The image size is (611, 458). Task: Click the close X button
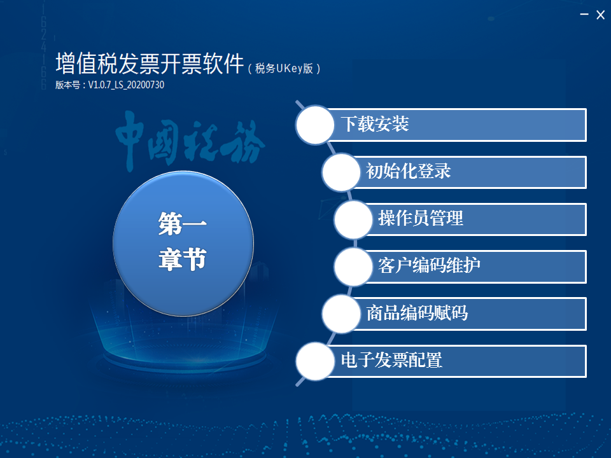pyautogui.click(x=600, y=15)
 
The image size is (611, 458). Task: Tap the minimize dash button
pyautogui.click(x=584, y=15)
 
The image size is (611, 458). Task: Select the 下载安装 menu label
pyautogui.click(x=375, y=124)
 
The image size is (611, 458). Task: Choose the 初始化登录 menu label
pyautogui.click(x=409, y=171)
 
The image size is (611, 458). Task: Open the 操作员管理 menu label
pyautogui.click(x=421, y=218)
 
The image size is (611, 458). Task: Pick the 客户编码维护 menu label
pyautogui.click(x=429, y=266)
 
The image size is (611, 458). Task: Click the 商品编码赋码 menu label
pyautogui.click(x=417, y=313)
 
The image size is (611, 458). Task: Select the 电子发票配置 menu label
pyautogui.click(x=391, y=360)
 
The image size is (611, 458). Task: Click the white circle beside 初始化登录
pyautogui.click(x=341, y=172)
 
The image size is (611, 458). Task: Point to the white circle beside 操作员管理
pyautogui.click(x=353, y=219)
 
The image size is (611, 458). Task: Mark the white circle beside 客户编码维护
pyautogui.click(x=353, y=267)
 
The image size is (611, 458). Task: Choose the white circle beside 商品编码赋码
pyautogui.click(x=341, y=314)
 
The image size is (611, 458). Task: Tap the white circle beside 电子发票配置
pyautogui.click(x=315, y=361)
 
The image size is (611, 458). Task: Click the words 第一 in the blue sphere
pyautogui.click(x=183, y=223)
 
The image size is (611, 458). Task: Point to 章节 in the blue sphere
pyautogui.click(x=183, y=259)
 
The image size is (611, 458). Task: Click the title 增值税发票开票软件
pyautogui.click(x=150, y=64)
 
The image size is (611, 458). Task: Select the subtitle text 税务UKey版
pyautogui.click(x=284, y=69)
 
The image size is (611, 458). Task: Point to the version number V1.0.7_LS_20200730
pyautogui.click(x=126, y=85)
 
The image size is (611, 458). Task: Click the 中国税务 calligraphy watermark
pyautogui.click(x=190, y=141)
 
